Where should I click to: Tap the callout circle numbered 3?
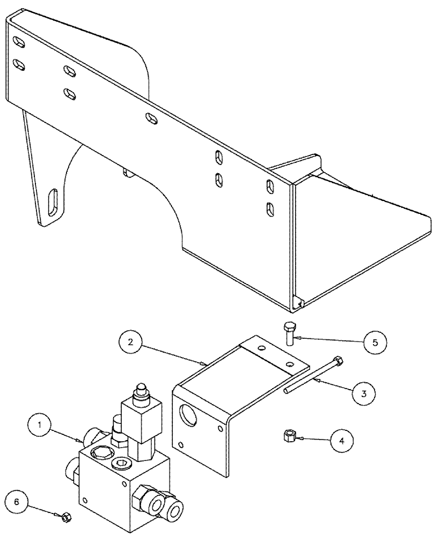tap(364, 393)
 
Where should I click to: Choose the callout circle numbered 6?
tap(18, 502)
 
